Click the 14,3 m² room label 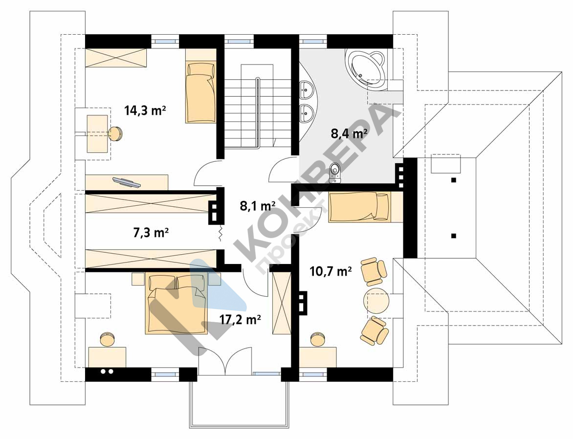145,110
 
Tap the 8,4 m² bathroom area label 349,133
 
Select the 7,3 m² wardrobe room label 151,233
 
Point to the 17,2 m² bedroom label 240,319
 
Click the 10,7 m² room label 331,271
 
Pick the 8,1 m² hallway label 257,206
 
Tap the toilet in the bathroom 335,173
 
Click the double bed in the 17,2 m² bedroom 176,304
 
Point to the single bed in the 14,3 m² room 200,93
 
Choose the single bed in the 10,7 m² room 360,208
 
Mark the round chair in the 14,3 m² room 115,133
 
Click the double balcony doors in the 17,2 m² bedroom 225,361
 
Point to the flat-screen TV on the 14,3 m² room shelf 127,182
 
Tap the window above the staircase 239,41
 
